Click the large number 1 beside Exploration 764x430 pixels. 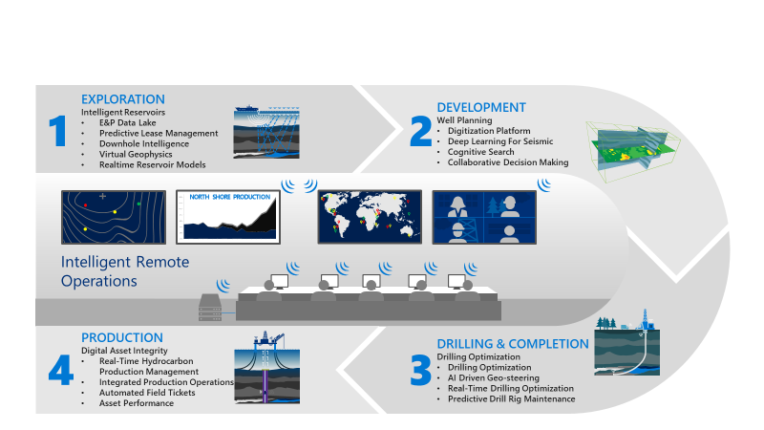click(x=58, y=130)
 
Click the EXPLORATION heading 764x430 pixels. click(x=123, y=99)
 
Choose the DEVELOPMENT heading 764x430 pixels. click(x=481, y=107)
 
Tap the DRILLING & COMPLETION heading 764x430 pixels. click(x=513, y=344)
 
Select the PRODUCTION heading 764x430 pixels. click(x=121, y=338)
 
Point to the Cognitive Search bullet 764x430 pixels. click(x=481, y=152)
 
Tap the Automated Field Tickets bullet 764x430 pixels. click(x=146, y=393)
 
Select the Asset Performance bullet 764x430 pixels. click(x=137, y=403)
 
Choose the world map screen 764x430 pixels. click(x=369, y=215)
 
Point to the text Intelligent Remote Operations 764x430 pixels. click(x=125, y=271)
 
